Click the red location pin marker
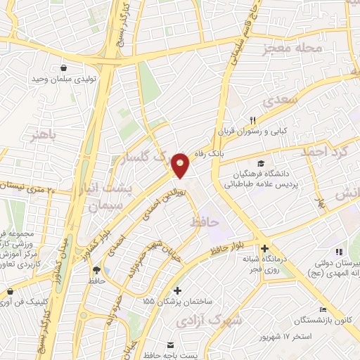[181, 165]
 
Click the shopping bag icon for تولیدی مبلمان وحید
[65, 69]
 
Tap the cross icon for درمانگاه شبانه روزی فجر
[265, 248]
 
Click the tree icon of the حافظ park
[96, 270]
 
